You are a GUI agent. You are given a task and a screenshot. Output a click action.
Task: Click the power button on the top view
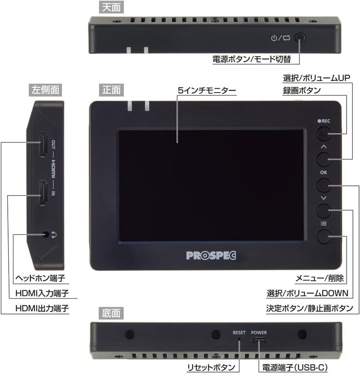coord(300,38)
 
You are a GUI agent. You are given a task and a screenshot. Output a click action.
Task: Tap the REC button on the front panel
coord(324,133)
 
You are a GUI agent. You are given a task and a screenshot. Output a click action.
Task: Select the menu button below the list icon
coord(324,237)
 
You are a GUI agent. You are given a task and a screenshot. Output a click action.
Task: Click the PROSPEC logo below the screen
coord(211,255)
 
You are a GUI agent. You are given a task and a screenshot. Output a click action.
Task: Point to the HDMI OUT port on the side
coord(43,144)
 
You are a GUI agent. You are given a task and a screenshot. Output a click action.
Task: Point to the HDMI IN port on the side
coord(43,193)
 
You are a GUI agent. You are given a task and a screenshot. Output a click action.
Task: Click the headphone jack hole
coord(46,235)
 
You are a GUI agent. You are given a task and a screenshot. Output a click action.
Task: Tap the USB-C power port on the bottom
coord(259,340)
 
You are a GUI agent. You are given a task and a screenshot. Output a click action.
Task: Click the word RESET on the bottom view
coord(239,333)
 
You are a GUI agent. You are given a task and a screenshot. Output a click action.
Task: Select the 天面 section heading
coord(111,7)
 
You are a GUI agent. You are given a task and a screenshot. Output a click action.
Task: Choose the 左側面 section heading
coord(46,90)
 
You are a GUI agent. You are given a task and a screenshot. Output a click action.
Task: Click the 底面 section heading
coord(111,313)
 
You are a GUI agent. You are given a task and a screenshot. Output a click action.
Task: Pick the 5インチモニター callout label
coord(207,90)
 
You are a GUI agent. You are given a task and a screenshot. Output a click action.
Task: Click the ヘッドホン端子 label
coord(40,278)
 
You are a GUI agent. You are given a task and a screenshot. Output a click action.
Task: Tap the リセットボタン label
coord(211,367)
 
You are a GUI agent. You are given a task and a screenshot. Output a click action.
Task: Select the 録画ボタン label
coord(302,90)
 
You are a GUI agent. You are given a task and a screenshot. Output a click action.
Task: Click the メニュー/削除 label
coord(319,278)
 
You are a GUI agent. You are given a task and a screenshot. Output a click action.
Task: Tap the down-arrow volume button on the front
coord(324,211)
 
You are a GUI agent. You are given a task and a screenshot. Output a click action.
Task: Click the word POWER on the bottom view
coord(259,333)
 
